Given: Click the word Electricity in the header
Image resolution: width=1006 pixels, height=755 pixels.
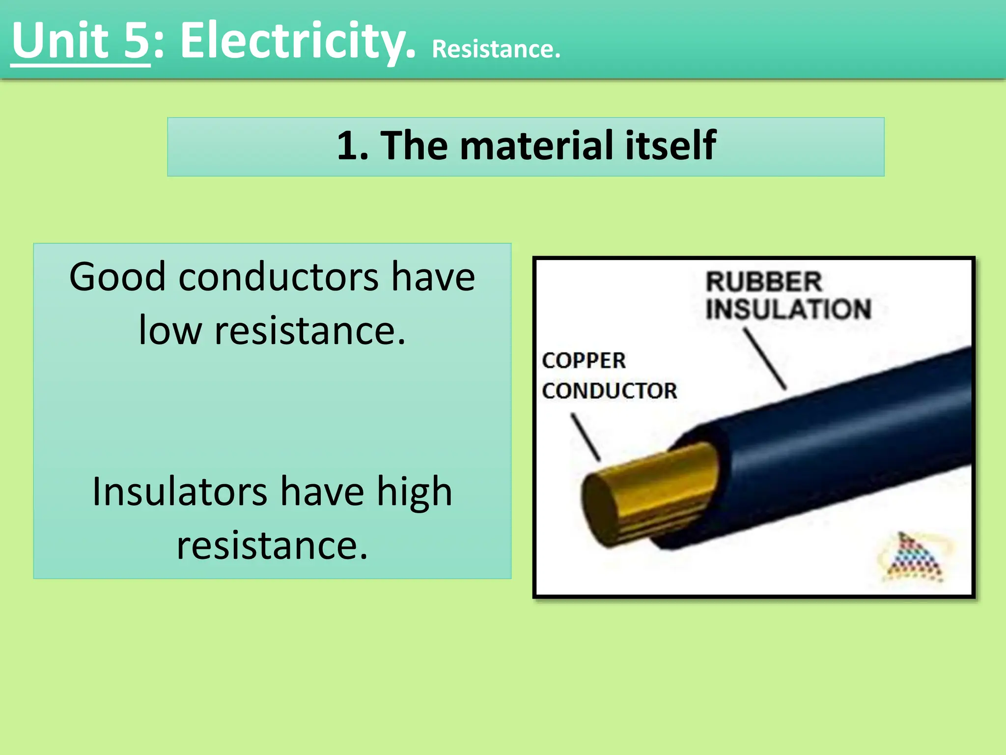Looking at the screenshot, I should click(x=297, y=42).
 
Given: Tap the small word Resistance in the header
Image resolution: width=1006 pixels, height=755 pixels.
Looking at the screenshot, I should click(x=496, y=50).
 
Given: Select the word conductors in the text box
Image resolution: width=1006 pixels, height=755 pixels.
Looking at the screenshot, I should click(x=278, y=277).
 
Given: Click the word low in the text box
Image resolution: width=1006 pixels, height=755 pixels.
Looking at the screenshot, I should click(x=170, y=330).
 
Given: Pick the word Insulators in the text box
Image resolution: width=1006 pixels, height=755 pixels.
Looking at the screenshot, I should click(x=179, y=492).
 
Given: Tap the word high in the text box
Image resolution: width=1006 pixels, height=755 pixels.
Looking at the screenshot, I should click(x=414, y=493).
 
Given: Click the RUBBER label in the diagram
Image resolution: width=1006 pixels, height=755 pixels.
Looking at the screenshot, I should click(x=763, y=282).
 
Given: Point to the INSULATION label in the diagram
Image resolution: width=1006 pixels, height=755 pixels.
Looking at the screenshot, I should click(x=788, y=309).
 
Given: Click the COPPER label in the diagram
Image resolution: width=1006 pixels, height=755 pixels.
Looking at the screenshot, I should click(x=584, y=361).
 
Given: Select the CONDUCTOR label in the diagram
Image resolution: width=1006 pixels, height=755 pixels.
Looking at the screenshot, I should click(x=609, y=391).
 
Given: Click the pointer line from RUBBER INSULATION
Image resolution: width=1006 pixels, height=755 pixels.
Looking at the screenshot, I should click(x=765, y=359).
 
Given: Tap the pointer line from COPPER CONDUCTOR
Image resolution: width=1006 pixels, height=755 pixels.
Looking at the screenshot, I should click(x=586, y=436).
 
